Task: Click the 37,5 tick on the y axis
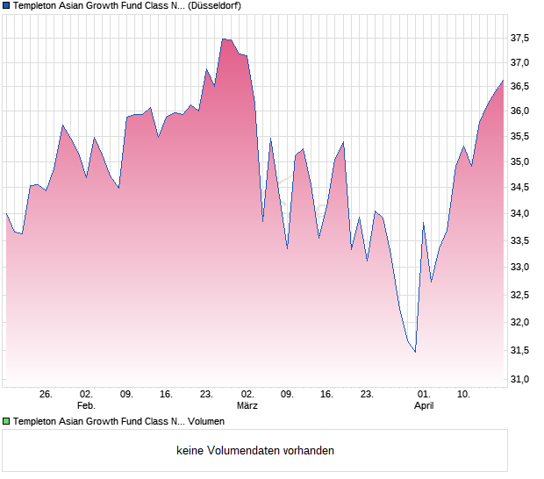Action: point(519,38)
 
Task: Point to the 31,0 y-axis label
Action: point(519,379)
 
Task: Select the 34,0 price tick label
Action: point(519,214)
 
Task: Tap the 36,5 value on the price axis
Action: point(519,86)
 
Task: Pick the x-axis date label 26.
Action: point(47,395)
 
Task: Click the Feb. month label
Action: point(86,405)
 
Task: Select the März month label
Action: point(247,405)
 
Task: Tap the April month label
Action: point(424,405)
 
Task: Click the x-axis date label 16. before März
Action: point(167,395)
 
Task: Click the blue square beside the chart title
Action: point(6,5)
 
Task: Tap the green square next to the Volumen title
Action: point(6,421)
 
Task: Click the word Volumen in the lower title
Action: point(205,421)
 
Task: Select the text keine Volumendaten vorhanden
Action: point(255,450)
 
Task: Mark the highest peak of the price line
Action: point(224,39)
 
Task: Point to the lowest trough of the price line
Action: point(415,352)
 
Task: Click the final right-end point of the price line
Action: point(503,81)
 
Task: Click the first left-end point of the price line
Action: point(6,213)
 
